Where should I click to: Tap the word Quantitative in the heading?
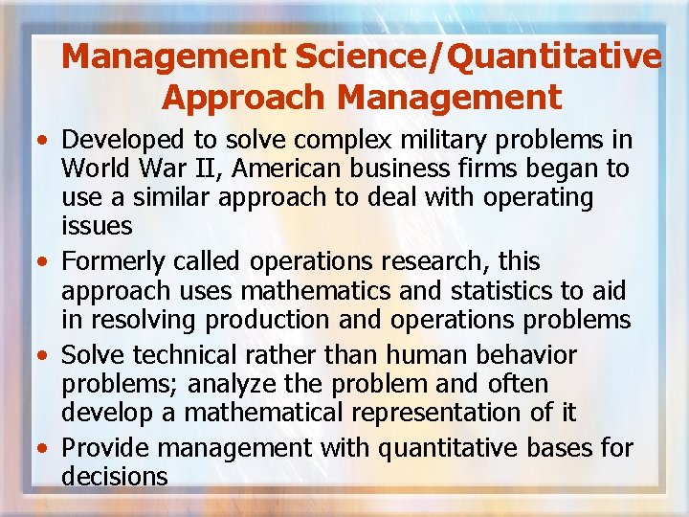554,57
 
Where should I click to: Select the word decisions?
114,476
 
